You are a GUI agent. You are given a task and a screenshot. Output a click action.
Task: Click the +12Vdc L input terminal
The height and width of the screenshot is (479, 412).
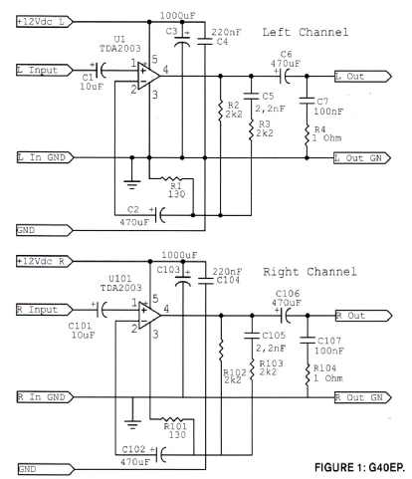[x=45, y=22]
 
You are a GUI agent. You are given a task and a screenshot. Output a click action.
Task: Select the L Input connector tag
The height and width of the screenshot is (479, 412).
[x=45, y=70]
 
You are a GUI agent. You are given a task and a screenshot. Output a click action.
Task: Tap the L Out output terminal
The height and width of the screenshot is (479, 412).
[x=362, y=77]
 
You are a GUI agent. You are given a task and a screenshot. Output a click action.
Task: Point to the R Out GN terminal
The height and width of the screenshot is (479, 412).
[x=362, y=397]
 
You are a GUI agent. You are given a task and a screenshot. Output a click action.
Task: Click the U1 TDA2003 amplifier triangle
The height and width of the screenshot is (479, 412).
[x=148, y=76]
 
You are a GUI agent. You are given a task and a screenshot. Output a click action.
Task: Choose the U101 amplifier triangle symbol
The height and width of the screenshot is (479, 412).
[x=148, y=316]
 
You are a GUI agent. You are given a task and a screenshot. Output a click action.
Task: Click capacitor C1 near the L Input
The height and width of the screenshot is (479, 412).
[x=101, y=71]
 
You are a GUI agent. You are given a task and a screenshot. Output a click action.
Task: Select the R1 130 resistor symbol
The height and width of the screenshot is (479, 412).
[x=171, y=179]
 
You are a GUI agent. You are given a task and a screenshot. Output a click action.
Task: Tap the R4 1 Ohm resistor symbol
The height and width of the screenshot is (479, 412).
[x=307, y=134]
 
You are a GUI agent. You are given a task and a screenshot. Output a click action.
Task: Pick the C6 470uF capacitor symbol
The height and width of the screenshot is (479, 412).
[x=285, y=77]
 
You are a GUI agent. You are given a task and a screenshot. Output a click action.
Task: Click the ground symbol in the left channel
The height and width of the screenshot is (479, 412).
[x=132, y=184]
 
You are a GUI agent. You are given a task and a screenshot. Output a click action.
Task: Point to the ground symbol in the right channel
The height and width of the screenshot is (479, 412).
[x=132, y=424]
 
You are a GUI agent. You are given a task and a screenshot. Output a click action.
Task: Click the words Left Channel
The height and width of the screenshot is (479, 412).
[x=306, y=32]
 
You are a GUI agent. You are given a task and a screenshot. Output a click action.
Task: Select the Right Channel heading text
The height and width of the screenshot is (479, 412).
[x=309, y=272]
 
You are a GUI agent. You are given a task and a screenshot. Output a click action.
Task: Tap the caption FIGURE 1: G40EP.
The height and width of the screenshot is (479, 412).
[x=359, y=467]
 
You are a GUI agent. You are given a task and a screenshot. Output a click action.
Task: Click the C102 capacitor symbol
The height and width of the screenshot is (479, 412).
[x=161, y=455]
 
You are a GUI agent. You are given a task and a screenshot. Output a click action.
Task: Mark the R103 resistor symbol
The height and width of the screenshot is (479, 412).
[x=252, y=369]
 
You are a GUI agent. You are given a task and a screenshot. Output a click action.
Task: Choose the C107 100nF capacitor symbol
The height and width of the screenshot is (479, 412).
[x=308, y=340]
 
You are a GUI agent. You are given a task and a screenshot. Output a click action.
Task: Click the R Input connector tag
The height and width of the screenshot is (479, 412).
[x=45, y=310]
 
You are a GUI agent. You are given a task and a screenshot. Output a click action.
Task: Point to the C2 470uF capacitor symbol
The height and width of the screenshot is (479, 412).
[x=161, y=215]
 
